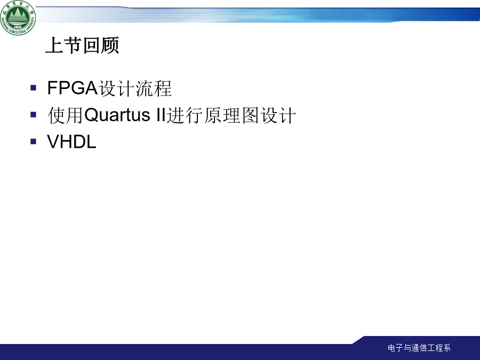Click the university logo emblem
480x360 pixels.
18,18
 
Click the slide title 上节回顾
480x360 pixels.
82,46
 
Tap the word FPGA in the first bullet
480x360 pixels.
72,88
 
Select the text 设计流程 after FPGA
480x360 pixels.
135,89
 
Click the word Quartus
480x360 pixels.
117,115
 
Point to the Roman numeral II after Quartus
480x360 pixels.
161,115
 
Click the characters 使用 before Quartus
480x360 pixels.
66,115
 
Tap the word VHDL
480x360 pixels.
71,142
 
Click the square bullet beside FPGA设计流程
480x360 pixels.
34,88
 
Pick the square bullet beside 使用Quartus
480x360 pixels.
34,115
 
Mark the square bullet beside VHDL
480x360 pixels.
34,141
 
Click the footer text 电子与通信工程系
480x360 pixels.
419,348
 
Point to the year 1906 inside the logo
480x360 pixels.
18,27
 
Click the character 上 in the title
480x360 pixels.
54,46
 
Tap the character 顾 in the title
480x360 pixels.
110,46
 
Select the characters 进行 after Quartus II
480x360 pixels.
185,115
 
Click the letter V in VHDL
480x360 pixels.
53,142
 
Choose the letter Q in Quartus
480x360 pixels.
91,115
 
